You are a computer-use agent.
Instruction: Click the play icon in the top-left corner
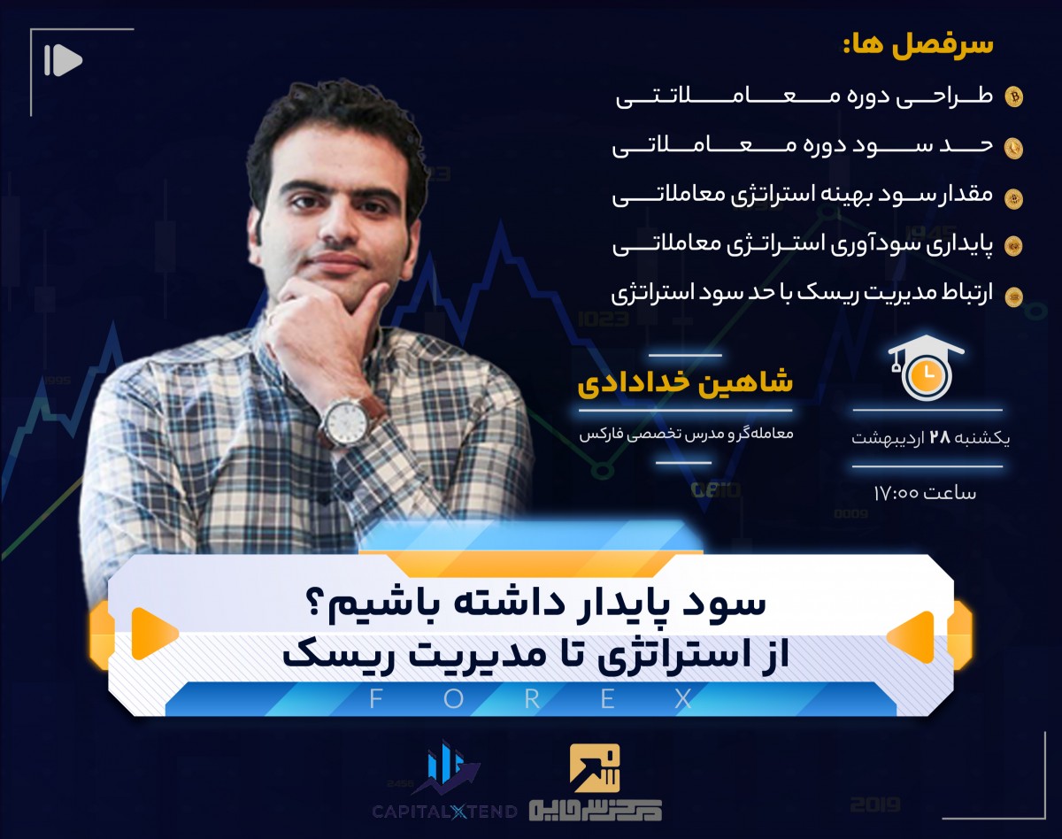(62, 60)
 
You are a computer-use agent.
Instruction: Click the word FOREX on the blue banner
(530, 699)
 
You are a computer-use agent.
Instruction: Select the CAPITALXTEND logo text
(442, 809)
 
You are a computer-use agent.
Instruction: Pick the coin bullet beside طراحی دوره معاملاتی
(1014, 97)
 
